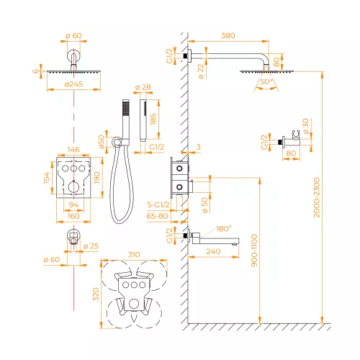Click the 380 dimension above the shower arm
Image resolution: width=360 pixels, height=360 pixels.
click(x=228, y=36)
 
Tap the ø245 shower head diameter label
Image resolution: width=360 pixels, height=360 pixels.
click(x=73, y=84)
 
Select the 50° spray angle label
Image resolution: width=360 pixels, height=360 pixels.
click(x=266, y=81)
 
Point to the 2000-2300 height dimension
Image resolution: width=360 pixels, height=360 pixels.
click(x=317, y=197)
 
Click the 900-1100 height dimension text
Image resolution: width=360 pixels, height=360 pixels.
click(x=254, y=251)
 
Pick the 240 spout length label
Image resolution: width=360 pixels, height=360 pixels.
click(x=213, y=251)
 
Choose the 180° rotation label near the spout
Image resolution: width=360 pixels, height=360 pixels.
click(x=224, y=228)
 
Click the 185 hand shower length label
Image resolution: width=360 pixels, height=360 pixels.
click(x=153, y=119)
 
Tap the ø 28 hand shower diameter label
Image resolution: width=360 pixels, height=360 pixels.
click(x=143, y=87)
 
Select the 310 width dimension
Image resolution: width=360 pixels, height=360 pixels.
click(x=134, y=254)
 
